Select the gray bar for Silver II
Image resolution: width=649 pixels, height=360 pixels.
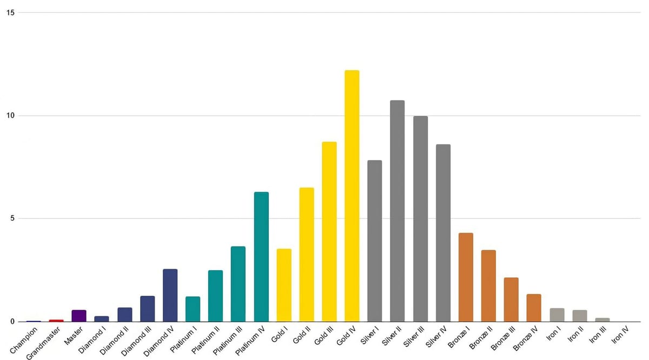(x=397, y=211)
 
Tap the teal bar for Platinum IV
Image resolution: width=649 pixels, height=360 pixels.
(x=261, y=257)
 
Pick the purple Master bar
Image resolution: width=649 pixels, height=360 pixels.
(x=79, y=316)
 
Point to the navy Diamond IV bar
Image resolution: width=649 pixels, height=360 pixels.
(x=170, y=295)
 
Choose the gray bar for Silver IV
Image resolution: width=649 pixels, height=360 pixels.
(x=443, y=233)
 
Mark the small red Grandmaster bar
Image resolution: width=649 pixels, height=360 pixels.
(x=56, y=321)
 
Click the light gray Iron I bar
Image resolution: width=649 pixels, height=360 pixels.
(x=557, y=315)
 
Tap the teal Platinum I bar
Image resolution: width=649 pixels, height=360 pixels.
(x=193, y=309)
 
